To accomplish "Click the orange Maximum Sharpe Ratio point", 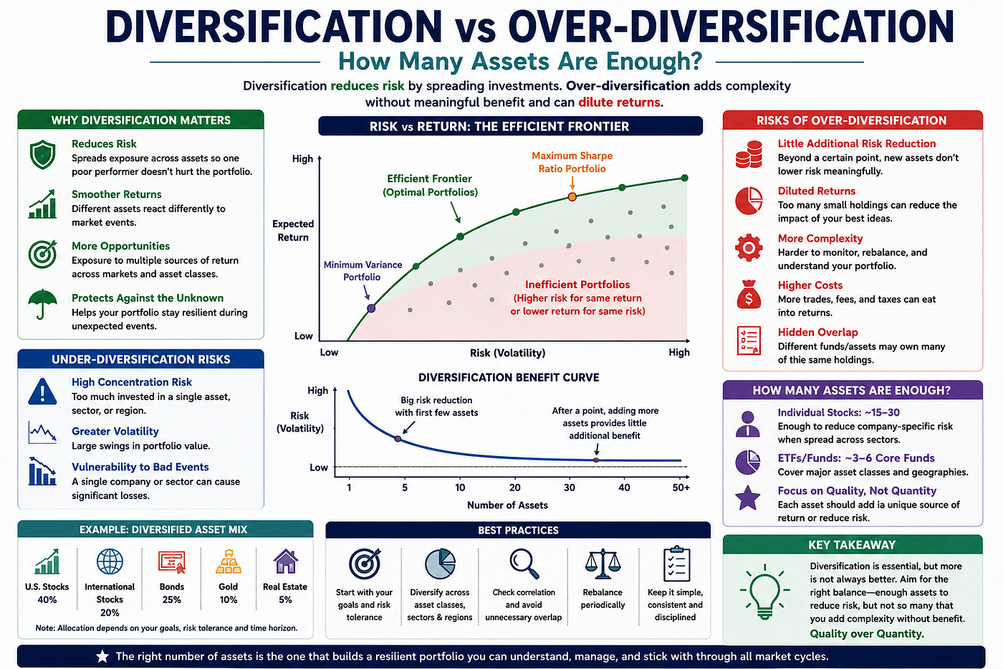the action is pos(572,196).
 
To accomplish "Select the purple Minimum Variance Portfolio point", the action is pos(371,308).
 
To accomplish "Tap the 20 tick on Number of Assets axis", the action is pos(515,488).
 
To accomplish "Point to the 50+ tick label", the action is pos(681,488).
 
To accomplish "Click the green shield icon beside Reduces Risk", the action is pos(42,155).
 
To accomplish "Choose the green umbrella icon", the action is pos(42,304).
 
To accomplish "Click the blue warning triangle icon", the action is pos(42,392).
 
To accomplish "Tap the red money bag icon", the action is pos(749,295).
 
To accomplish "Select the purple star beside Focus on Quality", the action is pos(748,498).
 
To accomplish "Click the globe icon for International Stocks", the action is pos(110,561).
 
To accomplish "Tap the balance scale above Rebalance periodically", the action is pos(603,564).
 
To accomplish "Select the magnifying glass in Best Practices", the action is pos(524,564).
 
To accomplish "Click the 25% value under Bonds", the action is pos(171,599).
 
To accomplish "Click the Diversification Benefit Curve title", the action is pos(509,377).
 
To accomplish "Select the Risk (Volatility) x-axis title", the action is pos(507,353).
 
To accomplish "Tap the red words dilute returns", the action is pos(619,102).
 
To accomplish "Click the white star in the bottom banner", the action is pos(102,657).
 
